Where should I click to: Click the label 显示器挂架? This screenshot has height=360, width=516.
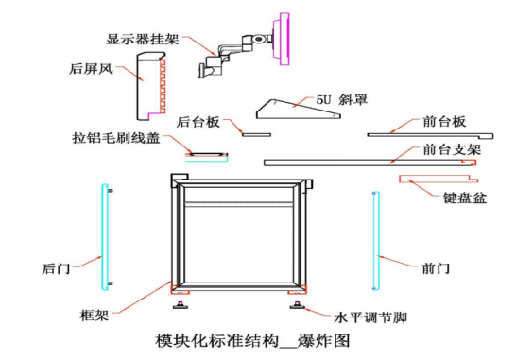pos(143,39)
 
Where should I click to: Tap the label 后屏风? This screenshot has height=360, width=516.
pos(92,69)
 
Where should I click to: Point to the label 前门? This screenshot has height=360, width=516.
pos(437,268)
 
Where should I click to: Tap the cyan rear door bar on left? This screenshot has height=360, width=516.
pos(105,236)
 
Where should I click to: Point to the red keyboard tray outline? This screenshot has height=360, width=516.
pos(439,177)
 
